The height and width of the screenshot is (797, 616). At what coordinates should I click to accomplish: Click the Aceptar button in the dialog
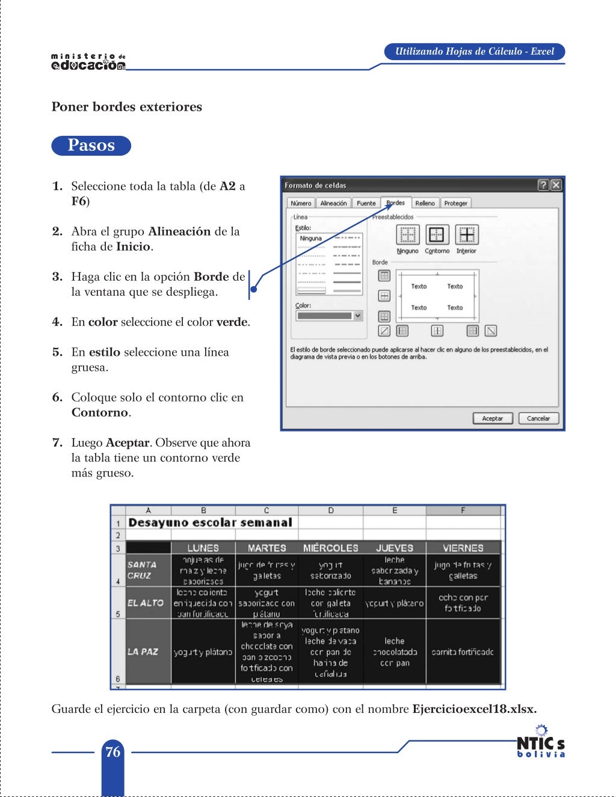492,418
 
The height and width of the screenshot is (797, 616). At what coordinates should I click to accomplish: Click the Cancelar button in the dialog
538,418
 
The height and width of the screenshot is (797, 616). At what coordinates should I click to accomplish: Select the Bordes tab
395,203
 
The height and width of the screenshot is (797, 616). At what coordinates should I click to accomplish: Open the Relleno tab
425,203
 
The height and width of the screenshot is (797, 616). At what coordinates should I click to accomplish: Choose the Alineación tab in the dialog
333,203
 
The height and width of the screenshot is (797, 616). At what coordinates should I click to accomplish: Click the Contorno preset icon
437,234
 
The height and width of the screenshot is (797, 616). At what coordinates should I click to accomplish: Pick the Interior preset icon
466,234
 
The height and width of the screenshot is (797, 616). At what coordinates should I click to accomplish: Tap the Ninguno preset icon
408,234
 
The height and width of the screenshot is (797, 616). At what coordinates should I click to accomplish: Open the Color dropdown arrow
358,316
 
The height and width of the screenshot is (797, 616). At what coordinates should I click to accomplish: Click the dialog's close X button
556,185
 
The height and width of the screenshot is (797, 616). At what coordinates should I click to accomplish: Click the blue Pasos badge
91,145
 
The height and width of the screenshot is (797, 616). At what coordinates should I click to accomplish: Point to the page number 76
112,751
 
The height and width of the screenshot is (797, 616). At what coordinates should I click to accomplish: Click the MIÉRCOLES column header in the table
330,548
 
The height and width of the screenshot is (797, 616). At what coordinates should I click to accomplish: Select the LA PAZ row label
142,652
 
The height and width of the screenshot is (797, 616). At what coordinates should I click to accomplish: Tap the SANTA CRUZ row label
142,570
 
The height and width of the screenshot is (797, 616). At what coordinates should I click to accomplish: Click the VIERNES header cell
463,548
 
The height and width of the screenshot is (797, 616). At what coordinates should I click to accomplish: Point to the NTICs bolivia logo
541,742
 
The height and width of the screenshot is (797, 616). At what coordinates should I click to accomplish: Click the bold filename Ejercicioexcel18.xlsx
474,709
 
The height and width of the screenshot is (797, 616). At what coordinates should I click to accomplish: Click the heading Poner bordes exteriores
127,107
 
